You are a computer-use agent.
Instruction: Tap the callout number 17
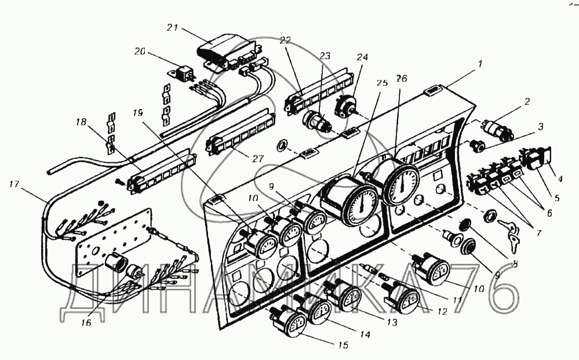point(17,185)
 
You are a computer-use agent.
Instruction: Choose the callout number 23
point(325,56)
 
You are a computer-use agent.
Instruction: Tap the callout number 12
point(442,312)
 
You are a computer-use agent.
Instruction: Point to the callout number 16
point(85,322)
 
